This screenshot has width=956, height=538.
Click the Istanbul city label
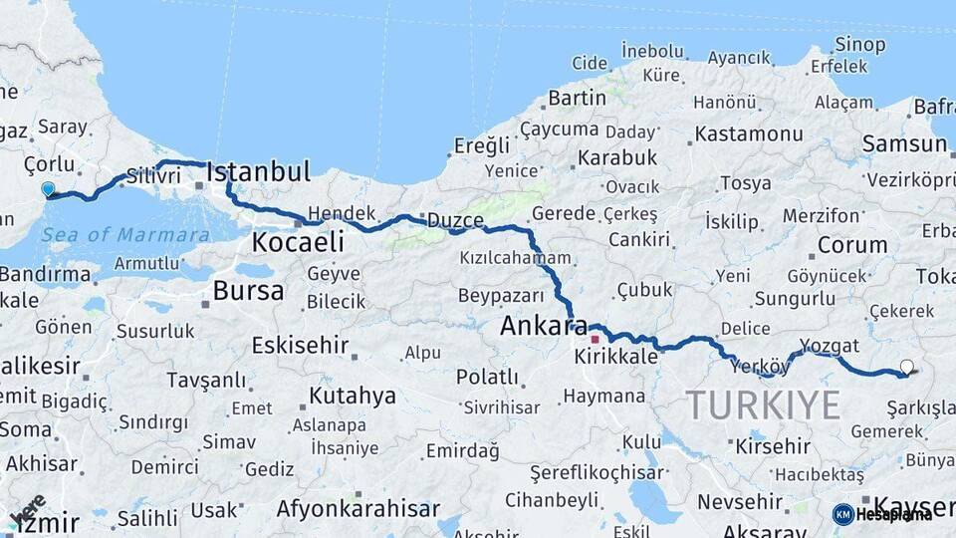pyautogui.click(x=259, y=171)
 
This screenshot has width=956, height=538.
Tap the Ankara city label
pyautogui.click(x=544, y=325)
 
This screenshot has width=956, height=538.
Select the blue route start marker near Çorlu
pyautogui.click(x=48, y=188)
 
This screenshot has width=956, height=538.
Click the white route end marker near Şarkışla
pyautogui.click(x=906, y=367)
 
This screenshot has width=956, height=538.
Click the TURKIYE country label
pyautogui.click(x=763, y=405)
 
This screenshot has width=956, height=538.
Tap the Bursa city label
pyautogui.click(x=248, y=291)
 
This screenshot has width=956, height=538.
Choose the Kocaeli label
pyautogui.click(x=298, y=241)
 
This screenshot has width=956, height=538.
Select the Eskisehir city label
pyautogui.click(x=300, y=345)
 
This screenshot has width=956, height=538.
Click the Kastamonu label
pyautogui.click(x=749, y=134)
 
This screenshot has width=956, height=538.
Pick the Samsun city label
pyautogui.click(x=904, y=143)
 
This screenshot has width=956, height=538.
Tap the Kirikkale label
pyautogui.click(x=616, y=356)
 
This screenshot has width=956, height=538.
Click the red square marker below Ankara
pyautogui.click(x=596, y=339)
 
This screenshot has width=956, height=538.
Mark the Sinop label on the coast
pyautogui.click(x=860, y=44)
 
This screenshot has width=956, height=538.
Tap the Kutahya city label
pyautogui.click(x=352, y=396)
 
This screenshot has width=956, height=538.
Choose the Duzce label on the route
pyautogui.click(x=456, y=220)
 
